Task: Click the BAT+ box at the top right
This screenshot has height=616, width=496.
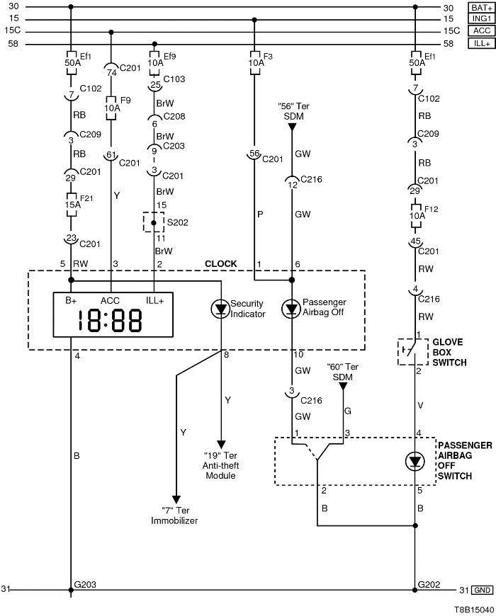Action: click(x=480, y=7)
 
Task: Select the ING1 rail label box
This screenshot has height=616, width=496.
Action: click(x=480, y=19)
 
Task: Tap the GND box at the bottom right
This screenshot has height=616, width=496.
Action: click(x=483, y=589)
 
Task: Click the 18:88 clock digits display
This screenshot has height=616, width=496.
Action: click(x=111, y=321)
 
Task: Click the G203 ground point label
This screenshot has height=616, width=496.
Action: click(x=86, y=585)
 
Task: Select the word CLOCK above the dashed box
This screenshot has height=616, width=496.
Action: click(x=220, y=264)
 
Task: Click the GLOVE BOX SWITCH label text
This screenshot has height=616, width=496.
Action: click(x=449, y=352)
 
